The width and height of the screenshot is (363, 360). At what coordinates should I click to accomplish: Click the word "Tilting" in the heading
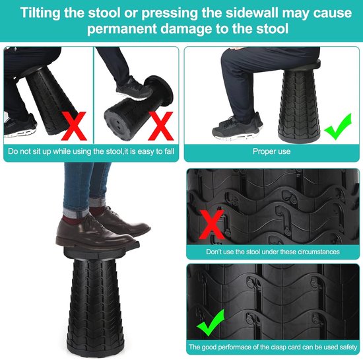[x=40, y=13]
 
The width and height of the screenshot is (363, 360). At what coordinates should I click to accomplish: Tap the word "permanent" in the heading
[x=122, y=29]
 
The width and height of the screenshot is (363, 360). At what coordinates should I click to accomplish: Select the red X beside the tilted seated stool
[x=74, y=126]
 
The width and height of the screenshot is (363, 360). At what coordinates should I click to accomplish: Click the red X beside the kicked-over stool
[x=160, y=126]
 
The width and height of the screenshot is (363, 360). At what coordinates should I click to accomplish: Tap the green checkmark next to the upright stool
[x=338, y=126]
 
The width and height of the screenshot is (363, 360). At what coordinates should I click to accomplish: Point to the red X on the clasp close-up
[x=212, y=225]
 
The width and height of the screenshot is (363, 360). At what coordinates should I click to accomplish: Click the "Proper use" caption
[x=271, y=151]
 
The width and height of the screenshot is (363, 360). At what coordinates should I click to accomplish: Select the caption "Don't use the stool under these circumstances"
[x=273, y=252]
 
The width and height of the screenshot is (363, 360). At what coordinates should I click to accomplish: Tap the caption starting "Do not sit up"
[x=91, y=151]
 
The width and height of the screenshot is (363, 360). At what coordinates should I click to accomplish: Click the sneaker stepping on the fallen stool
[x=133, y=89]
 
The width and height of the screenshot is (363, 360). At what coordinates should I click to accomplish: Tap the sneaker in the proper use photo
[x=238, y=128]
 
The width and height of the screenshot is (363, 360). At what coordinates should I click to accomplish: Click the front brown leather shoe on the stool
[x=97, y=232]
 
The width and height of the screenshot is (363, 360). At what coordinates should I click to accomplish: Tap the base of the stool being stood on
[x=96, y=349]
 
